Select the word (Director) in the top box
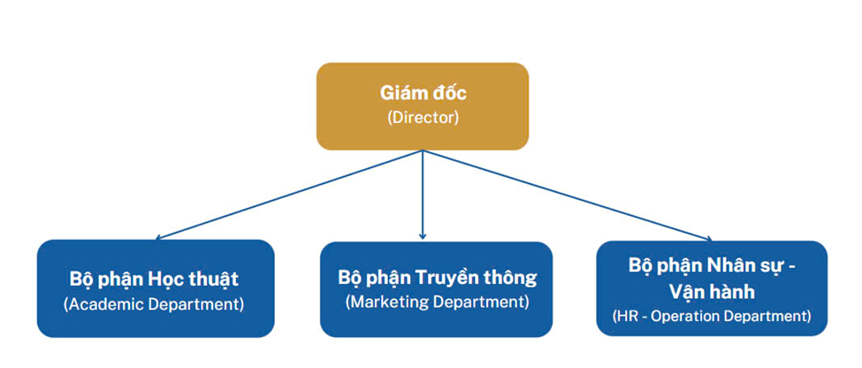423,118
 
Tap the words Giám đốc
423,93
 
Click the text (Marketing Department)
437,302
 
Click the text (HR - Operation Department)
712,315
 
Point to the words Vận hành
712,290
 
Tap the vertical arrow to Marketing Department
423,195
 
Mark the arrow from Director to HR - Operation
566,194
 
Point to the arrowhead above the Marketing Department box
423,235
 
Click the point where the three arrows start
423,150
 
